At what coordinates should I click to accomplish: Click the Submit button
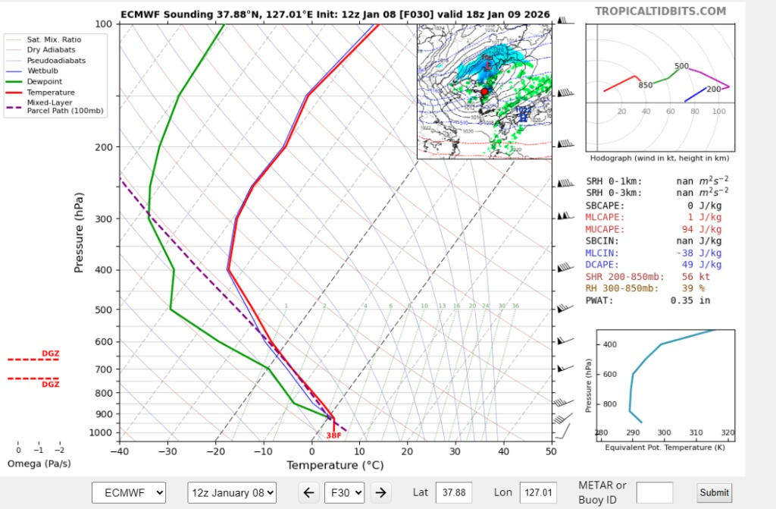[x=715, y=492]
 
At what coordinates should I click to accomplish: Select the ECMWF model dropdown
[x=128, y=492]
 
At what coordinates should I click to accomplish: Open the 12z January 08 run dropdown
[x=232, y=492]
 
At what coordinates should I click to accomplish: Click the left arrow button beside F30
[x=308, y=492]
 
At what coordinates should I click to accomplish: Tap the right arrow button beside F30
[x=381, y=492]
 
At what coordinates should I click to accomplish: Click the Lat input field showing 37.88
[x=454, y=492]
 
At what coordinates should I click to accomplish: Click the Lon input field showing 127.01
[x=538, y=492]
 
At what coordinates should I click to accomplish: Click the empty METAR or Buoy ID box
[x=654, y=492]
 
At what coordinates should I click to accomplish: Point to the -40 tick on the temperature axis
[x=120, y=451]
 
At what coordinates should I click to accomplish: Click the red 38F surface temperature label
[x=333, y=435]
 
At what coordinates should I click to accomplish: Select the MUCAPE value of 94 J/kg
[x=697, y=228]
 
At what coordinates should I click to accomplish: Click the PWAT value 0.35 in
[x=689, y=300]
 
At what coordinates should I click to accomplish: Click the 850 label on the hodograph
[x=645, y=85]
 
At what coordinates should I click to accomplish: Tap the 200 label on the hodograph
[x=714, y=90]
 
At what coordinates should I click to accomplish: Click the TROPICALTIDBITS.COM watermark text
[x=660, y=11]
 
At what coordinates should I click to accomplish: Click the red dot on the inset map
[x=485, y=92]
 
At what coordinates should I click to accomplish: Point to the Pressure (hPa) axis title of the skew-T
[x=79, y=233]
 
